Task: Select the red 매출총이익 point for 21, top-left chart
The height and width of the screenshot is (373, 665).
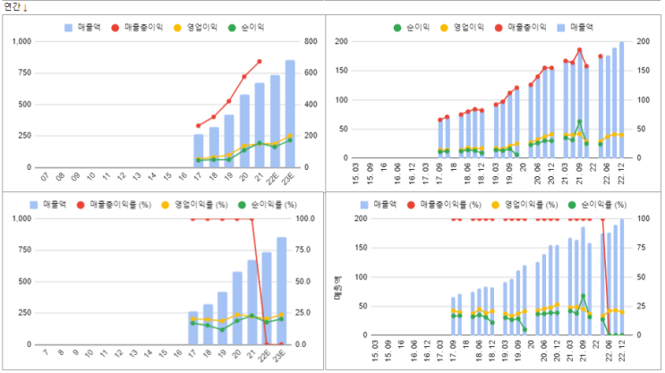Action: (x=260, y=62)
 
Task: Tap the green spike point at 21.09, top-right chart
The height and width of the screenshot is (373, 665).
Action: (x=579, y=122)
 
